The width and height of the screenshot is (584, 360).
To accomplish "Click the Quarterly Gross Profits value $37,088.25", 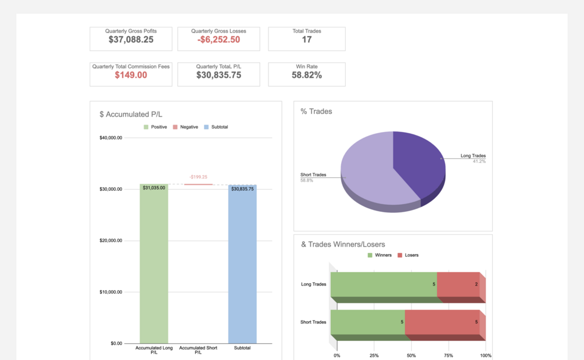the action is (x=131, y=40).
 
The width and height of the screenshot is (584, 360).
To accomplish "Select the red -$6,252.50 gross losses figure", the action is (x=218, y=40).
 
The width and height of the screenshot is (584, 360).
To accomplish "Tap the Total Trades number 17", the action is (x=306, y=40).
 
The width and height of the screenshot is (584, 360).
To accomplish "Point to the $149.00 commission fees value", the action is (x=131, y=75).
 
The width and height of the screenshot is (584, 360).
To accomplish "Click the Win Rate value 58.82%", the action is (x=306, y=75).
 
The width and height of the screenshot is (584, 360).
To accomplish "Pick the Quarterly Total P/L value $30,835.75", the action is (x=218, y=75).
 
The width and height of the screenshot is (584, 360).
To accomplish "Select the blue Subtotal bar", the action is (x=242, y=264).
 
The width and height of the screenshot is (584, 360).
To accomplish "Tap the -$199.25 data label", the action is (x=198, y=177).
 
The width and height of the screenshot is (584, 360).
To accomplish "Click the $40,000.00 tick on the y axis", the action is (x=110, y=138).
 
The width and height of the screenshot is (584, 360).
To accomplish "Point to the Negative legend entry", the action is (x=185, y=127).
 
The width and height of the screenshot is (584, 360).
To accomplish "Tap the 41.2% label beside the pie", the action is (x=479, y=161).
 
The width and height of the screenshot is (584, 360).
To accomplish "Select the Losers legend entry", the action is (x=408, y=255).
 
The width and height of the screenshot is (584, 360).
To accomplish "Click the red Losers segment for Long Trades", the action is (x=458, y=284).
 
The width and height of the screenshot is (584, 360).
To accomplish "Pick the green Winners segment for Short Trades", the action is (x=368, y=322).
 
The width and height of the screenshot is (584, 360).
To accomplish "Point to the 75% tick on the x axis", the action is (x=449, y=355).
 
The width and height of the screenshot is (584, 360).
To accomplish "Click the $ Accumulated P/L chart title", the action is (x=131, y=115).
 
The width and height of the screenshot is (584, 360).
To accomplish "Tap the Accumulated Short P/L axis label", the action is (x=198, y=350).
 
